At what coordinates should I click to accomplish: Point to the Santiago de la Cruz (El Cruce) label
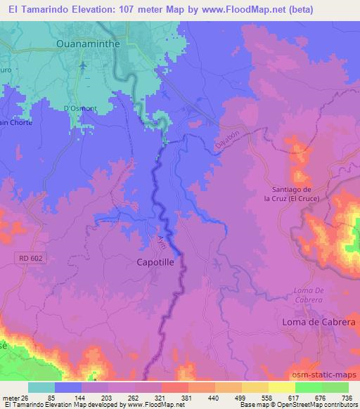coord(296,193)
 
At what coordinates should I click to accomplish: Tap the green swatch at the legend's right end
coord(335,387)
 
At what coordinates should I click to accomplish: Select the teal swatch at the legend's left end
coord(41,387)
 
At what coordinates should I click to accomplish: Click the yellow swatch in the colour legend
coord(282,387)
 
